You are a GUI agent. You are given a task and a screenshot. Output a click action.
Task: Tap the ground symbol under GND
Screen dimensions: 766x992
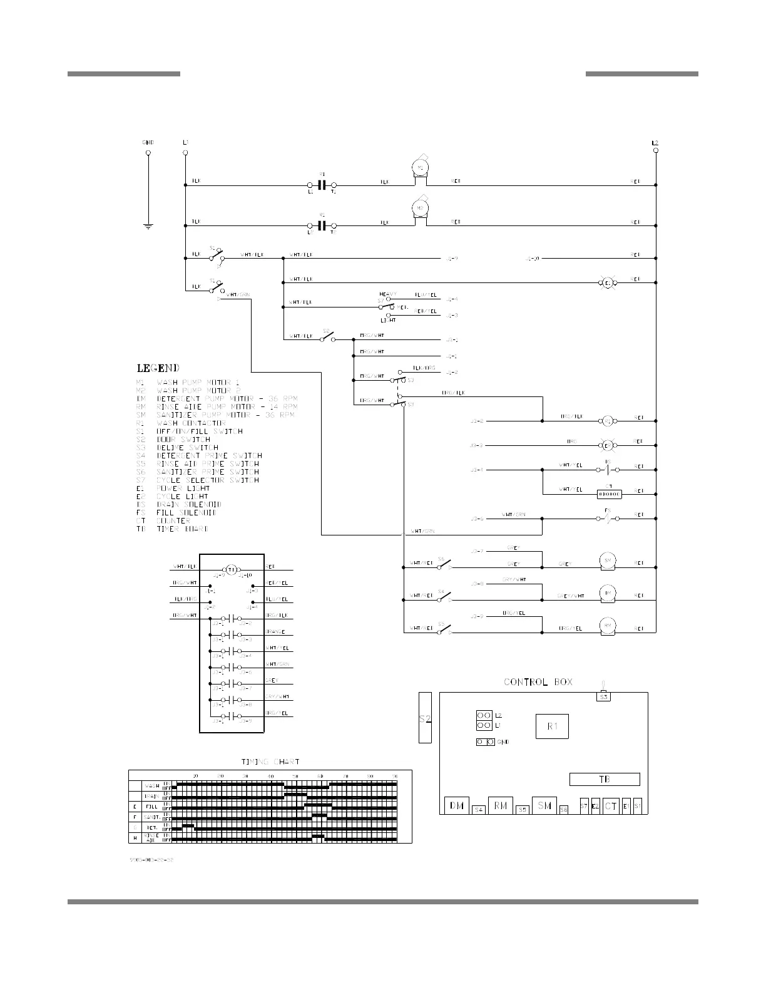click(x=148, y=225)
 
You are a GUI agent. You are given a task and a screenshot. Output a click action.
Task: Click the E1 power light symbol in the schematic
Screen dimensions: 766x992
click(x=607, y=283)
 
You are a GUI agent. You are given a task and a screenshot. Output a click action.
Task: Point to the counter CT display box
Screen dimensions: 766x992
click(x=610, y=494)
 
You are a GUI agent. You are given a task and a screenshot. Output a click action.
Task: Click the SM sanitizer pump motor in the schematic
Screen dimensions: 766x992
click(x=606, y=560)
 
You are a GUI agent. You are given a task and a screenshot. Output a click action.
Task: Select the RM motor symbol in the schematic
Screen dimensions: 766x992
click(x=606, y=625)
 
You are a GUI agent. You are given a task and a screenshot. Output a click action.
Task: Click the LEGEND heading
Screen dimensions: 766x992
click(x=158, y=368)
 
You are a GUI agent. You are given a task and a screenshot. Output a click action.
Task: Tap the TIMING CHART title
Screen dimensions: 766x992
click(x=270, y=762)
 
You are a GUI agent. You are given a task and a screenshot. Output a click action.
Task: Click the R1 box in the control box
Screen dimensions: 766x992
click(x=552, y=726)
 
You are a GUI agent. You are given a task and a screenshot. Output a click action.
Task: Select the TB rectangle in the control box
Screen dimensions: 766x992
click(x=604, y=779)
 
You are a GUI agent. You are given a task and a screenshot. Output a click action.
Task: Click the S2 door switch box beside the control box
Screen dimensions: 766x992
click(x=425, y=718)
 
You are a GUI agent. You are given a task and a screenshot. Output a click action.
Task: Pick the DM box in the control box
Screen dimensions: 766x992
click(x=456, y=805)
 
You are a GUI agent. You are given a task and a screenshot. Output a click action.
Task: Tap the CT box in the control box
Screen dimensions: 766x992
click(x=611, y=807)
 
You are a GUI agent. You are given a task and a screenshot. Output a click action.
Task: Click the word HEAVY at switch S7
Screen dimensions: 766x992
click(x=388, y=294)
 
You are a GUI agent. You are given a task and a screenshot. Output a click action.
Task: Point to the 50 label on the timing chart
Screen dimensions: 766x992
click(x=295, y=777)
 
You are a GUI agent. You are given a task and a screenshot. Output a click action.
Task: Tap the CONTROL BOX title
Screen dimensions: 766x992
click(x=538, y=682)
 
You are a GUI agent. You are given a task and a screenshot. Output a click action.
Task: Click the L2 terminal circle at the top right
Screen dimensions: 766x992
click(x=655, y=152)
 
